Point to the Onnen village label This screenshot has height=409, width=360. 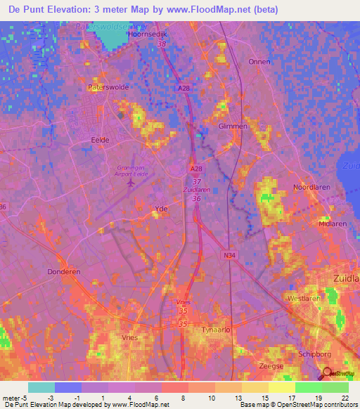click(x=259, y=62)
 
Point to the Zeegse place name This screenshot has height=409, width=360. click(x=271, y=366)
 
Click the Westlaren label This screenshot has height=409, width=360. click(x=304, y=298)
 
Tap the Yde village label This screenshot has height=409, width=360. click(x=160, y=209)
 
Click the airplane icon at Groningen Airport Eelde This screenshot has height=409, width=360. click(x=132, y=183)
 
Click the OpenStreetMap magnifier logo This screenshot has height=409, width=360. click(x=327, y=373)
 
